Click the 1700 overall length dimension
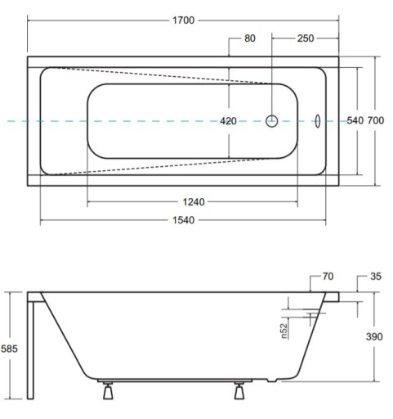coord(183,20)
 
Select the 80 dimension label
coord(250,38)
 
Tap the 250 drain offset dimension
coord(306,38)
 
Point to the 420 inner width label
coord(228,121)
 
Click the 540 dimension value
coord(355,120)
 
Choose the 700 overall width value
coord(376,120)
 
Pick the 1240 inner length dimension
coord(194,202)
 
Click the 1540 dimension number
coord(184,220)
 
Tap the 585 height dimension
coord(9,349)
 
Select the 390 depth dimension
coord(374,336)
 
